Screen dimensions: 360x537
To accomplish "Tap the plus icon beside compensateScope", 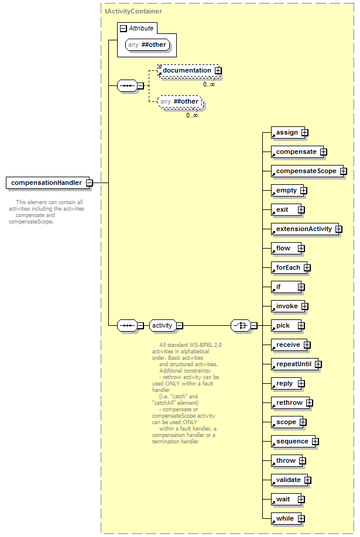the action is click(x=343, y=171).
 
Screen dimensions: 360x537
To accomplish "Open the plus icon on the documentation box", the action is click(x=218, y=71).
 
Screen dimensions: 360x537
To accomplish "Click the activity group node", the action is click(x=163, y=325).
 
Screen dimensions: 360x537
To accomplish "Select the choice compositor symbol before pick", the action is click(x=241, y=325).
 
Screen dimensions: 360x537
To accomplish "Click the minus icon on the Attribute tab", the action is click(x=124, y=29).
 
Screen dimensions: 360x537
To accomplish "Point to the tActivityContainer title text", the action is click(x=133, y=11).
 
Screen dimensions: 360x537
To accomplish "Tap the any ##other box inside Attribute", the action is click(x=148, y=45).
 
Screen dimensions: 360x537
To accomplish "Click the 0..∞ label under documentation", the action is click(x=209, y=84).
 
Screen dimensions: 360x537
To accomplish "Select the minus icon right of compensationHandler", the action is click(x=89, y=183).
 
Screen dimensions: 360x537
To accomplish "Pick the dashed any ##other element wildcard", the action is click(x=180, y=102).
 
